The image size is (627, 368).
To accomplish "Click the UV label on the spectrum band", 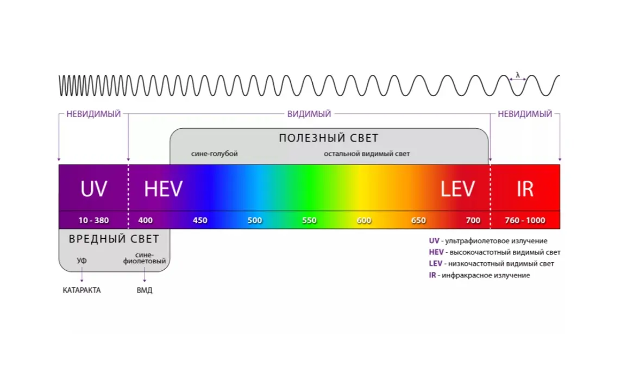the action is [93, 188].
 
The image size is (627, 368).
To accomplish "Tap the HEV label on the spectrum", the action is [163, 188].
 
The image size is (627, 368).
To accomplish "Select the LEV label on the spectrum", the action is [457, 188].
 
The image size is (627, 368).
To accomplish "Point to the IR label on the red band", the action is [525, 188].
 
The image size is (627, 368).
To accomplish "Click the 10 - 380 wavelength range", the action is [93, 220].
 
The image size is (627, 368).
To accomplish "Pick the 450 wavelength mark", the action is [200, 220].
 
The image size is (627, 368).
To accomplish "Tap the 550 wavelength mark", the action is [309, 220].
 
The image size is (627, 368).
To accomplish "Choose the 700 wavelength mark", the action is [473, 220].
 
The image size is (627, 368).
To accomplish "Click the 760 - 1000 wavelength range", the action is [525, 220].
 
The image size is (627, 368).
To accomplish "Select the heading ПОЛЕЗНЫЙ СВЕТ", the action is [329, 138].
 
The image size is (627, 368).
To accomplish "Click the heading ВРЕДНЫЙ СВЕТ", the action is [114, 239].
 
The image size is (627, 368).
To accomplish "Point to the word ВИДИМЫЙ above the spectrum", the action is [309, 114].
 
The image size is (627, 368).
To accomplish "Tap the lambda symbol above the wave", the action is [518, 75].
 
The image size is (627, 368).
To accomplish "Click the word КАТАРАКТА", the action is [81, 290].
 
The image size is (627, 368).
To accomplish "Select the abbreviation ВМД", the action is [145, 290].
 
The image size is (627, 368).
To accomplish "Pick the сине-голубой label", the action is [214, 154].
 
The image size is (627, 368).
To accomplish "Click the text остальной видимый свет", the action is [367, 154].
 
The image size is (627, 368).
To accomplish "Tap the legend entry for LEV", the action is [492, 264].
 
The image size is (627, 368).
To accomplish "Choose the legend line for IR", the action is [479, 275].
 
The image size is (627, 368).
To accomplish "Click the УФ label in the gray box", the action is [81, 261].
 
